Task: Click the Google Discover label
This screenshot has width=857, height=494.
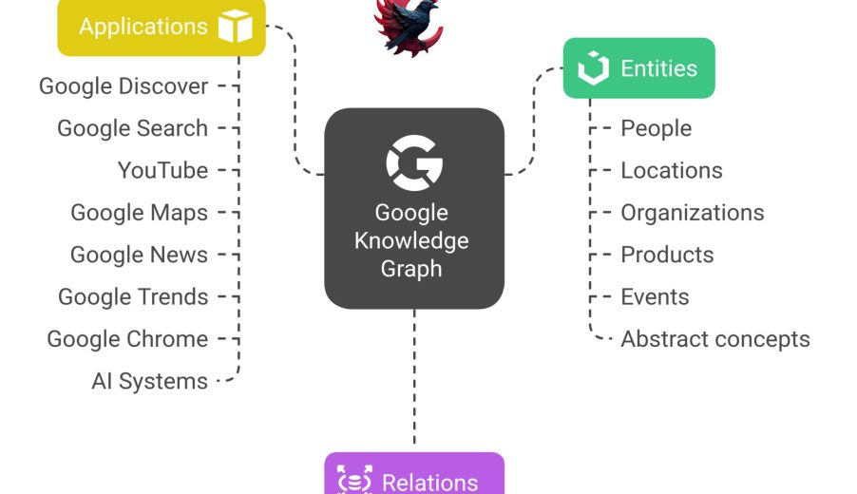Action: [124, 86]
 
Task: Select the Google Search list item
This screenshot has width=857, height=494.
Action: [132, 128]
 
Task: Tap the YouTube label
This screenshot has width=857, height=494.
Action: [162, 171]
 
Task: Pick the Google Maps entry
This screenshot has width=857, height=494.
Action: [139, 213]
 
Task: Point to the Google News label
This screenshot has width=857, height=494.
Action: [139, 255]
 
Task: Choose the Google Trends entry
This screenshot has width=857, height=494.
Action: [133, 296]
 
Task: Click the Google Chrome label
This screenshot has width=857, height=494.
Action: [127, 339]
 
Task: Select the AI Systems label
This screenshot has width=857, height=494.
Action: [149, 381]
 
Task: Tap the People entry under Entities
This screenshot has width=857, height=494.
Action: [656, 128]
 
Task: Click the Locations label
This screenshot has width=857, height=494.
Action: [671, 171]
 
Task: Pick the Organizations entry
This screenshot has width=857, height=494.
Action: [692, 213]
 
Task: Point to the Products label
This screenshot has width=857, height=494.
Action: [667, 255]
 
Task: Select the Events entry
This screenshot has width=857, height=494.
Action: [655, 296]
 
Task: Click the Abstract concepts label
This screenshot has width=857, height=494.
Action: [714, 339]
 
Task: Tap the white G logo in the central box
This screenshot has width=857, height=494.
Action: [413, 163]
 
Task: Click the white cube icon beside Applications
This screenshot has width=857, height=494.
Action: [235, 27]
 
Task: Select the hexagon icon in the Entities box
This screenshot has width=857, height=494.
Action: [593, 68]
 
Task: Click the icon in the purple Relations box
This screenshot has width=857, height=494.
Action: [354, 480]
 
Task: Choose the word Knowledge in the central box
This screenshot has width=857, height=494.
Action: [411, 240]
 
